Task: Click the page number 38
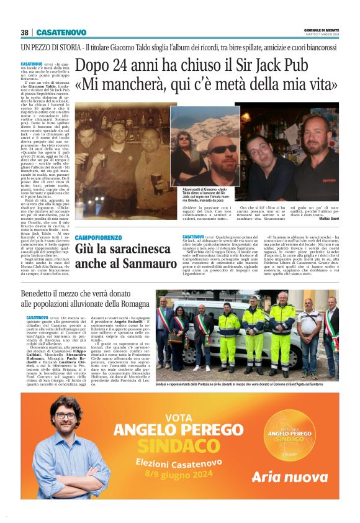click(x=24, y=32)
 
